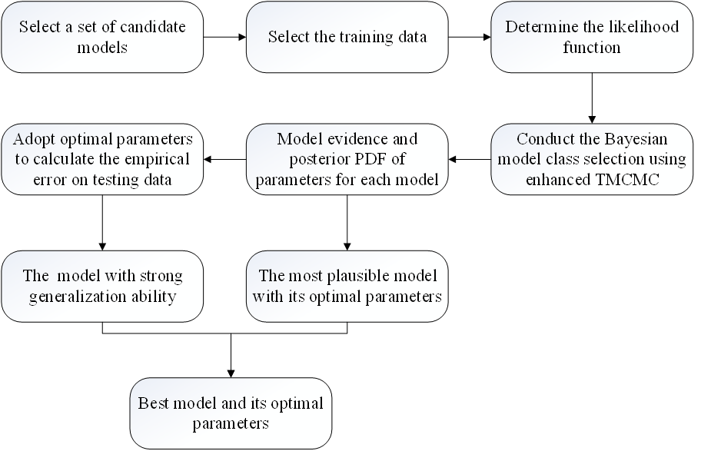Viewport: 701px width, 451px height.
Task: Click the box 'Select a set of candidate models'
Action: tap(102, 37)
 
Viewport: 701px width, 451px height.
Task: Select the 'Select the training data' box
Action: tap(347, 37)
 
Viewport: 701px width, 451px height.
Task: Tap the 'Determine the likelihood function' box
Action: tap(592, 37)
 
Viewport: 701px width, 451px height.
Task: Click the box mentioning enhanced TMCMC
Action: tap(592, 159)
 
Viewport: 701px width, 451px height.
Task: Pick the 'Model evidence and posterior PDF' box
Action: tap(347, 159)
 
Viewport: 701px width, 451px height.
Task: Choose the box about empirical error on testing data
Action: tap(102, 159)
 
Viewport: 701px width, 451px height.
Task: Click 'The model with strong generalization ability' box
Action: tap(102, 286)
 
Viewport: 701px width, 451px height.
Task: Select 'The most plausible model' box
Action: tap(347, 286)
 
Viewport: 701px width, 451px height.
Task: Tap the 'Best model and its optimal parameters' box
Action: tap(231, 413)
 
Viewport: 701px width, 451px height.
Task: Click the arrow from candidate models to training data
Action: tap(225, 37)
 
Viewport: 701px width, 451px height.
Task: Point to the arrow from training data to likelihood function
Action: tap(470, 37)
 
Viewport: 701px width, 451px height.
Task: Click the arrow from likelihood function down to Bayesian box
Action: tap(592, 98)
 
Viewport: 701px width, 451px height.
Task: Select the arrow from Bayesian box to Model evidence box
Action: tap(470, 159)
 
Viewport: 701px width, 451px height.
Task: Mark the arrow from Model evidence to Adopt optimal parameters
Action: tap(225, 159)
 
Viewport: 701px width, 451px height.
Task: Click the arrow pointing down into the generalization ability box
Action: tap(102, 223)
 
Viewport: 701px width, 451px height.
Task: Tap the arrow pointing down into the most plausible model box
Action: tap(347, 223)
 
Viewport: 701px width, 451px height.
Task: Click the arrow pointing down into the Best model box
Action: tap(231, 356)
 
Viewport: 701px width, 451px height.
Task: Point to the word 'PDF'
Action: tap(364, 159)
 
